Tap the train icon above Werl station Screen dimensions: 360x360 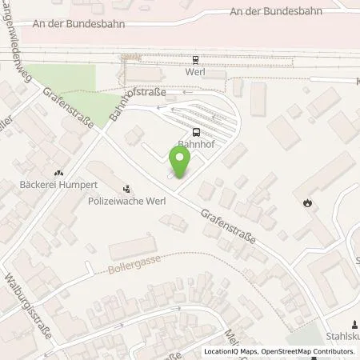(195, 58)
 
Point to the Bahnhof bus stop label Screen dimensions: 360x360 (196, 146)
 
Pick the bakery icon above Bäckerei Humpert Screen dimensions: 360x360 (58, 171)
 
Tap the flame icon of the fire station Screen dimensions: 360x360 (308, 203)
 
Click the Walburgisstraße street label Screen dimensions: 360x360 (27, 306)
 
